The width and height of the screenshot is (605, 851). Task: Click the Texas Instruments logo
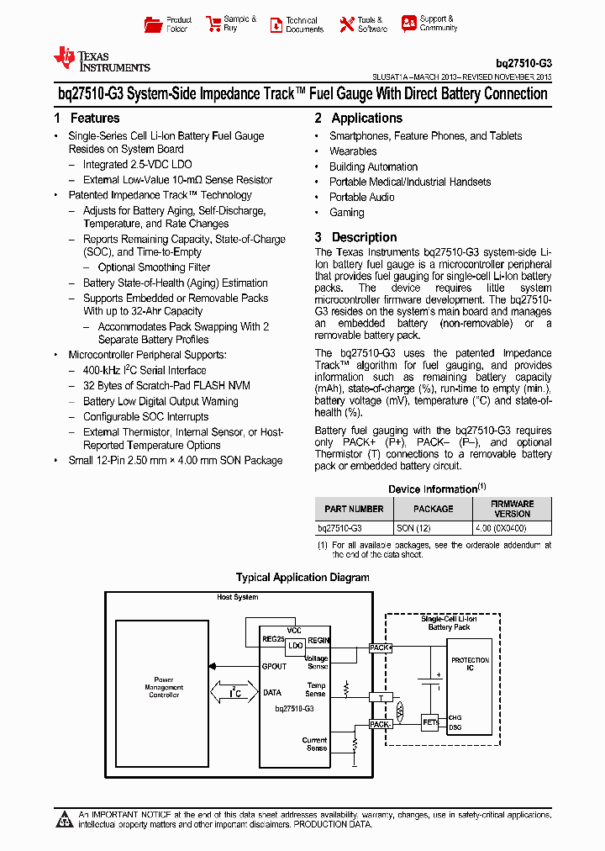pyautogui.click(x=101, y=59)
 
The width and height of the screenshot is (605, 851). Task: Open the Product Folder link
pyautogui.click(x=168, y=24)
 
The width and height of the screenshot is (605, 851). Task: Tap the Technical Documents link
pyautogui.click(x=297, y=24)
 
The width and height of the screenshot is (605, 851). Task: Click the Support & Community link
pyautogui.click(x=429, y=24)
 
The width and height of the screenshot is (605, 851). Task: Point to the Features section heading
pyautogui.click(x=87, y=119)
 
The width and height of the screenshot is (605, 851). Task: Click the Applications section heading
pyautogui.click(x=359, y=119)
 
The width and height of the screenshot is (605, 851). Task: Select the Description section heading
pyautogui.click(x=356, y=237)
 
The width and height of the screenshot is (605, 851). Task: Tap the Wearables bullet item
pyautogui.click(x=353, y=151)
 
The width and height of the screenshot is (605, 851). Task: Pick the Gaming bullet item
pyautogui.click(x=347, y=213)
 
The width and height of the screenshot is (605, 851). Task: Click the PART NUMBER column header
pyautogui.click(x=354, y=509)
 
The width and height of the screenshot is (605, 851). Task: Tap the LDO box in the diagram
pyautogui.click(x=295, y=647)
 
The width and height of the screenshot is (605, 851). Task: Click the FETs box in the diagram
pyautogui.click(x=430, y=721)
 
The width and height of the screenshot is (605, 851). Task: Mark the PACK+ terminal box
pyautogui.click(x=381, y=647)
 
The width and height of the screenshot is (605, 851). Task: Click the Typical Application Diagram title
pyautogui.click(x=302, y=578)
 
